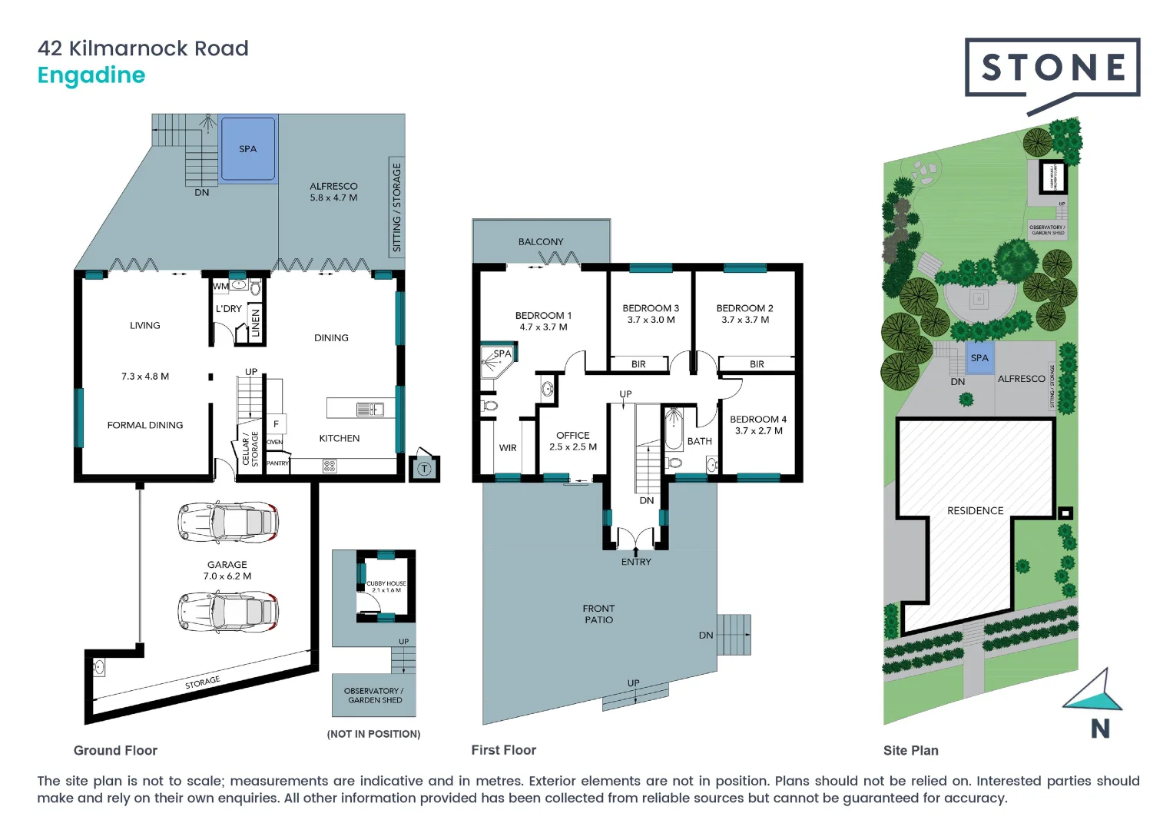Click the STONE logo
[x=1052, y=68]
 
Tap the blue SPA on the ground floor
[x=247, y=149]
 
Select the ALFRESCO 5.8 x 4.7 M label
[x=333, y=192]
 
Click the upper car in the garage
[x=228, y=523]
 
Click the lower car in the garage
[x=228, y=612]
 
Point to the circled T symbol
[x=424, y=468]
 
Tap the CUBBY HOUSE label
[x=386, y=586]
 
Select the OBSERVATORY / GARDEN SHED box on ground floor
[x=373, y=696]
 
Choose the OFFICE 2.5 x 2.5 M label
[x=573, y=440]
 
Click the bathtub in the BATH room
[x=674, y=429]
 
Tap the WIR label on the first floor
[x=508, y=448]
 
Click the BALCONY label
[x=541, y=241]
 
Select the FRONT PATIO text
[x=598, y=614]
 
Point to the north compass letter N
[x=1100, y=729]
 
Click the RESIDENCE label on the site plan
[x=975, y=510]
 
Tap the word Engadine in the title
[x=91, y=75]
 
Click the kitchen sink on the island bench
[x=369, y=409]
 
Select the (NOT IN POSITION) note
[x=373, y=734]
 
